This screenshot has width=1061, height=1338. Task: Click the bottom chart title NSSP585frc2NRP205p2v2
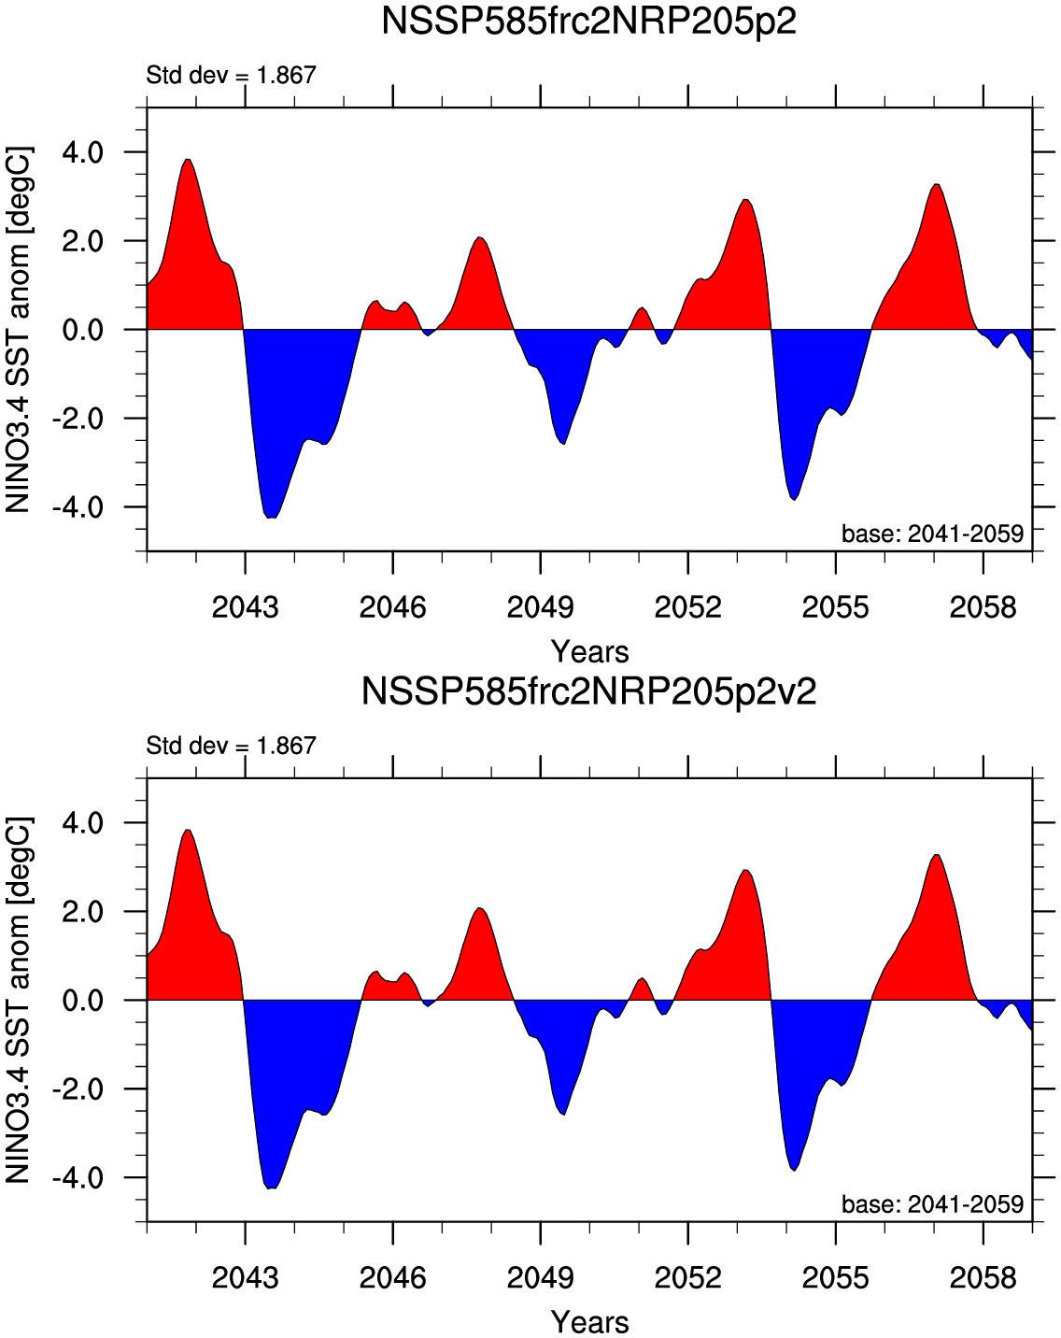(589, 692)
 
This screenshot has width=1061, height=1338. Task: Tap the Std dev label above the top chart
(232, 75)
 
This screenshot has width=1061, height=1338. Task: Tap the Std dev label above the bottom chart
(232, 746)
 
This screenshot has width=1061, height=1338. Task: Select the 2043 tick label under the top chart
(245, 607)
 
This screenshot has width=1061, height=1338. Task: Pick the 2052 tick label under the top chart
(687, 607)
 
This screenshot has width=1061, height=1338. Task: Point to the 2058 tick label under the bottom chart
(983, 1277)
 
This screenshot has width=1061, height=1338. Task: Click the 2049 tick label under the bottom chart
(540, 1277)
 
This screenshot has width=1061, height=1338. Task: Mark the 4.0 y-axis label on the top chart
(83, 151)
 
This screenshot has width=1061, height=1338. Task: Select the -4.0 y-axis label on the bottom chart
(78, 1177)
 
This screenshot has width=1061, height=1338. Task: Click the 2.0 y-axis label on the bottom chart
(83, 911)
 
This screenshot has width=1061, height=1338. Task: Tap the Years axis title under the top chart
(589, 651)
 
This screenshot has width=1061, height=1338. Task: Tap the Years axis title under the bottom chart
(589, 1322)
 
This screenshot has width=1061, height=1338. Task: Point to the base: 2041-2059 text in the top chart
(932, 534)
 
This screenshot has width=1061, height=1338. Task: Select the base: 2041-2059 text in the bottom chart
(932, 1204)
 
